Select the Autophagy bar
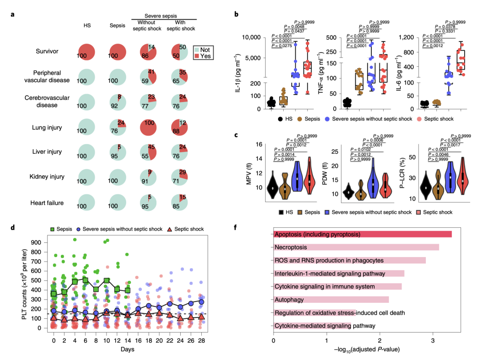tap(331, 300)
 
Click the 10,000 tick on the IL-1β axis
tap(260, 38)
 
